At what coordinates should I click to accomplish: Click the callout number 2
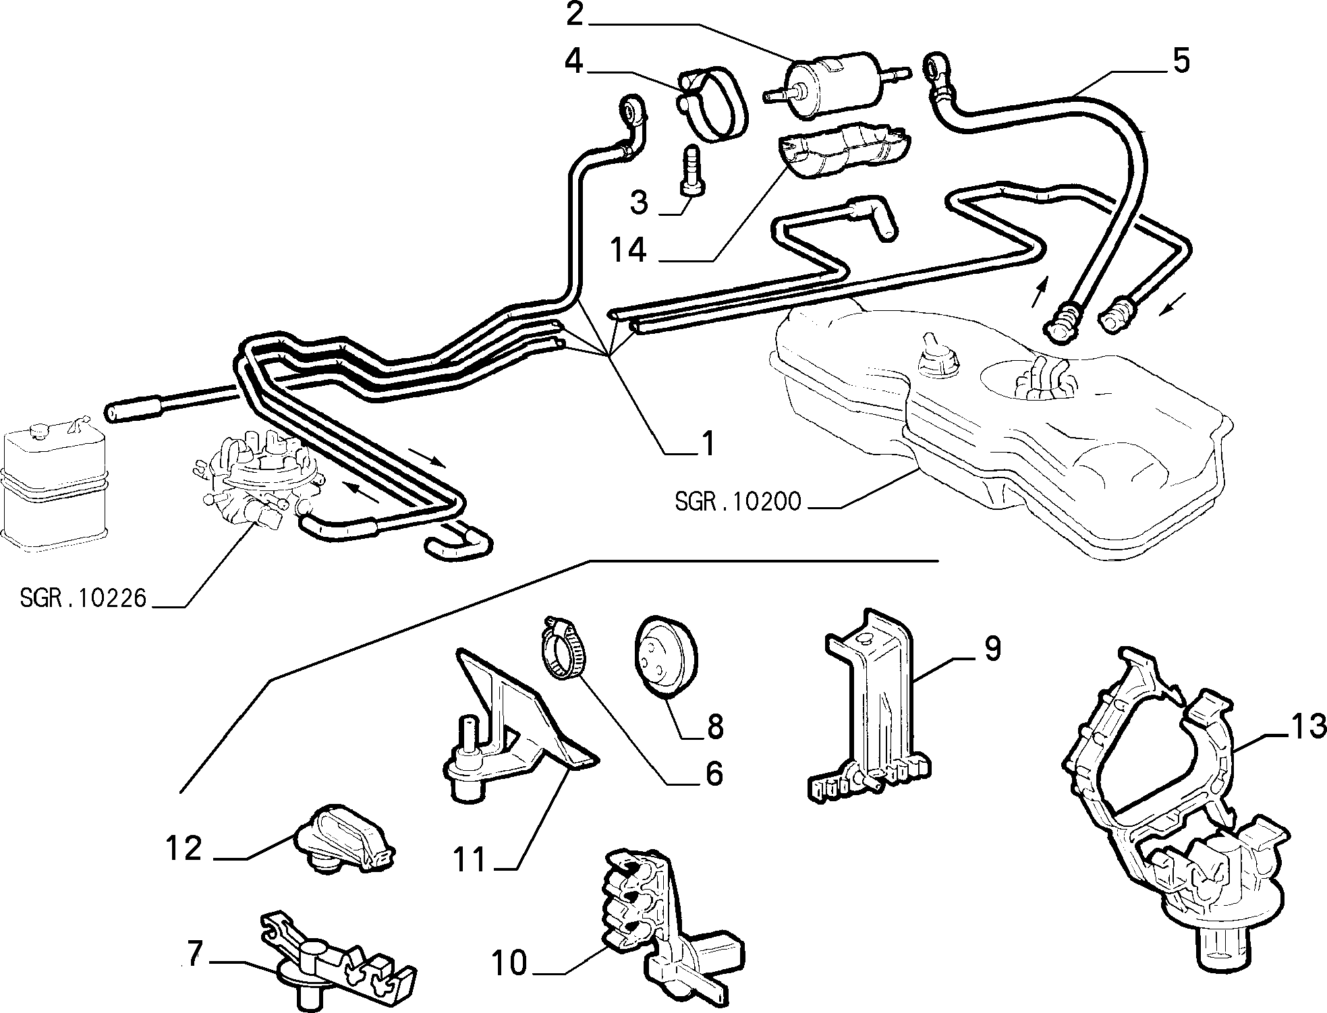tap(574, 15)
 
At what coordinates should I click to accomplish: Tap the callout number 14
tap(628, 250)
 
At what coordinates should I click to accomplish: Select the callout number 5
tap(1180, 61)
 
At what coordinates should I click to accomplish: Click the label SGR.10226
tap(83, 598)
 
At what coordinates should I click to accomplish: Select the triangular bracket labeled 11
tap(513, 728)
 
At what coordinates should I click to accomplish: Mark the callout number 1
tap(706, 443)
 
